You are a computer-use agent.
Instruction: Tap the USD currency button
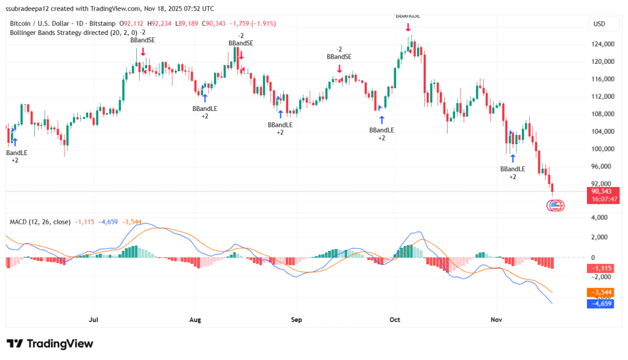tap(599, 24)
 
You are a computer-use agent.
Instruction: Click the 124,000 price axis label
tap(603, 44)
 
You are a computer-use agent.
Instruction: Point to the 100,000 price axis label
tap(603, 149)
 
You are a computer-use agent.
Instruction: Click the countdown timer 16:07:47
tap(603, 199)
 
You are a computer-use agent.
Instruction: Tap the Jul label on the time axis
tap(93, 320)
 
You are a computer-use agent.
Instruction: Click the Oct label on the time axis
tap(395, 320)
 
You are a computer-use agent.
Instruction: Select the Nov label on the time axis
tap(496, 320)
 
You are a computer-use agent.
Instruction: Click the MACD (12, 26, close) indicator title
tap(40, 221)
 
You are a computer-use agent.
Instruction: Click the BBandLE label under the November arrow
tap(513, 169)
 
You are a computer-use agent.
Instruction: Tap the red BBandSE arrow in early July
tap(143, 52)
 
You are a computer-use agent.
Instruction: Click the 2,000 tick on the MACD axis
tap(598, 237)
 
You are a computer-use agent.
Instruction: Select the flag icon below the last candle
tap(555, 205)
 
